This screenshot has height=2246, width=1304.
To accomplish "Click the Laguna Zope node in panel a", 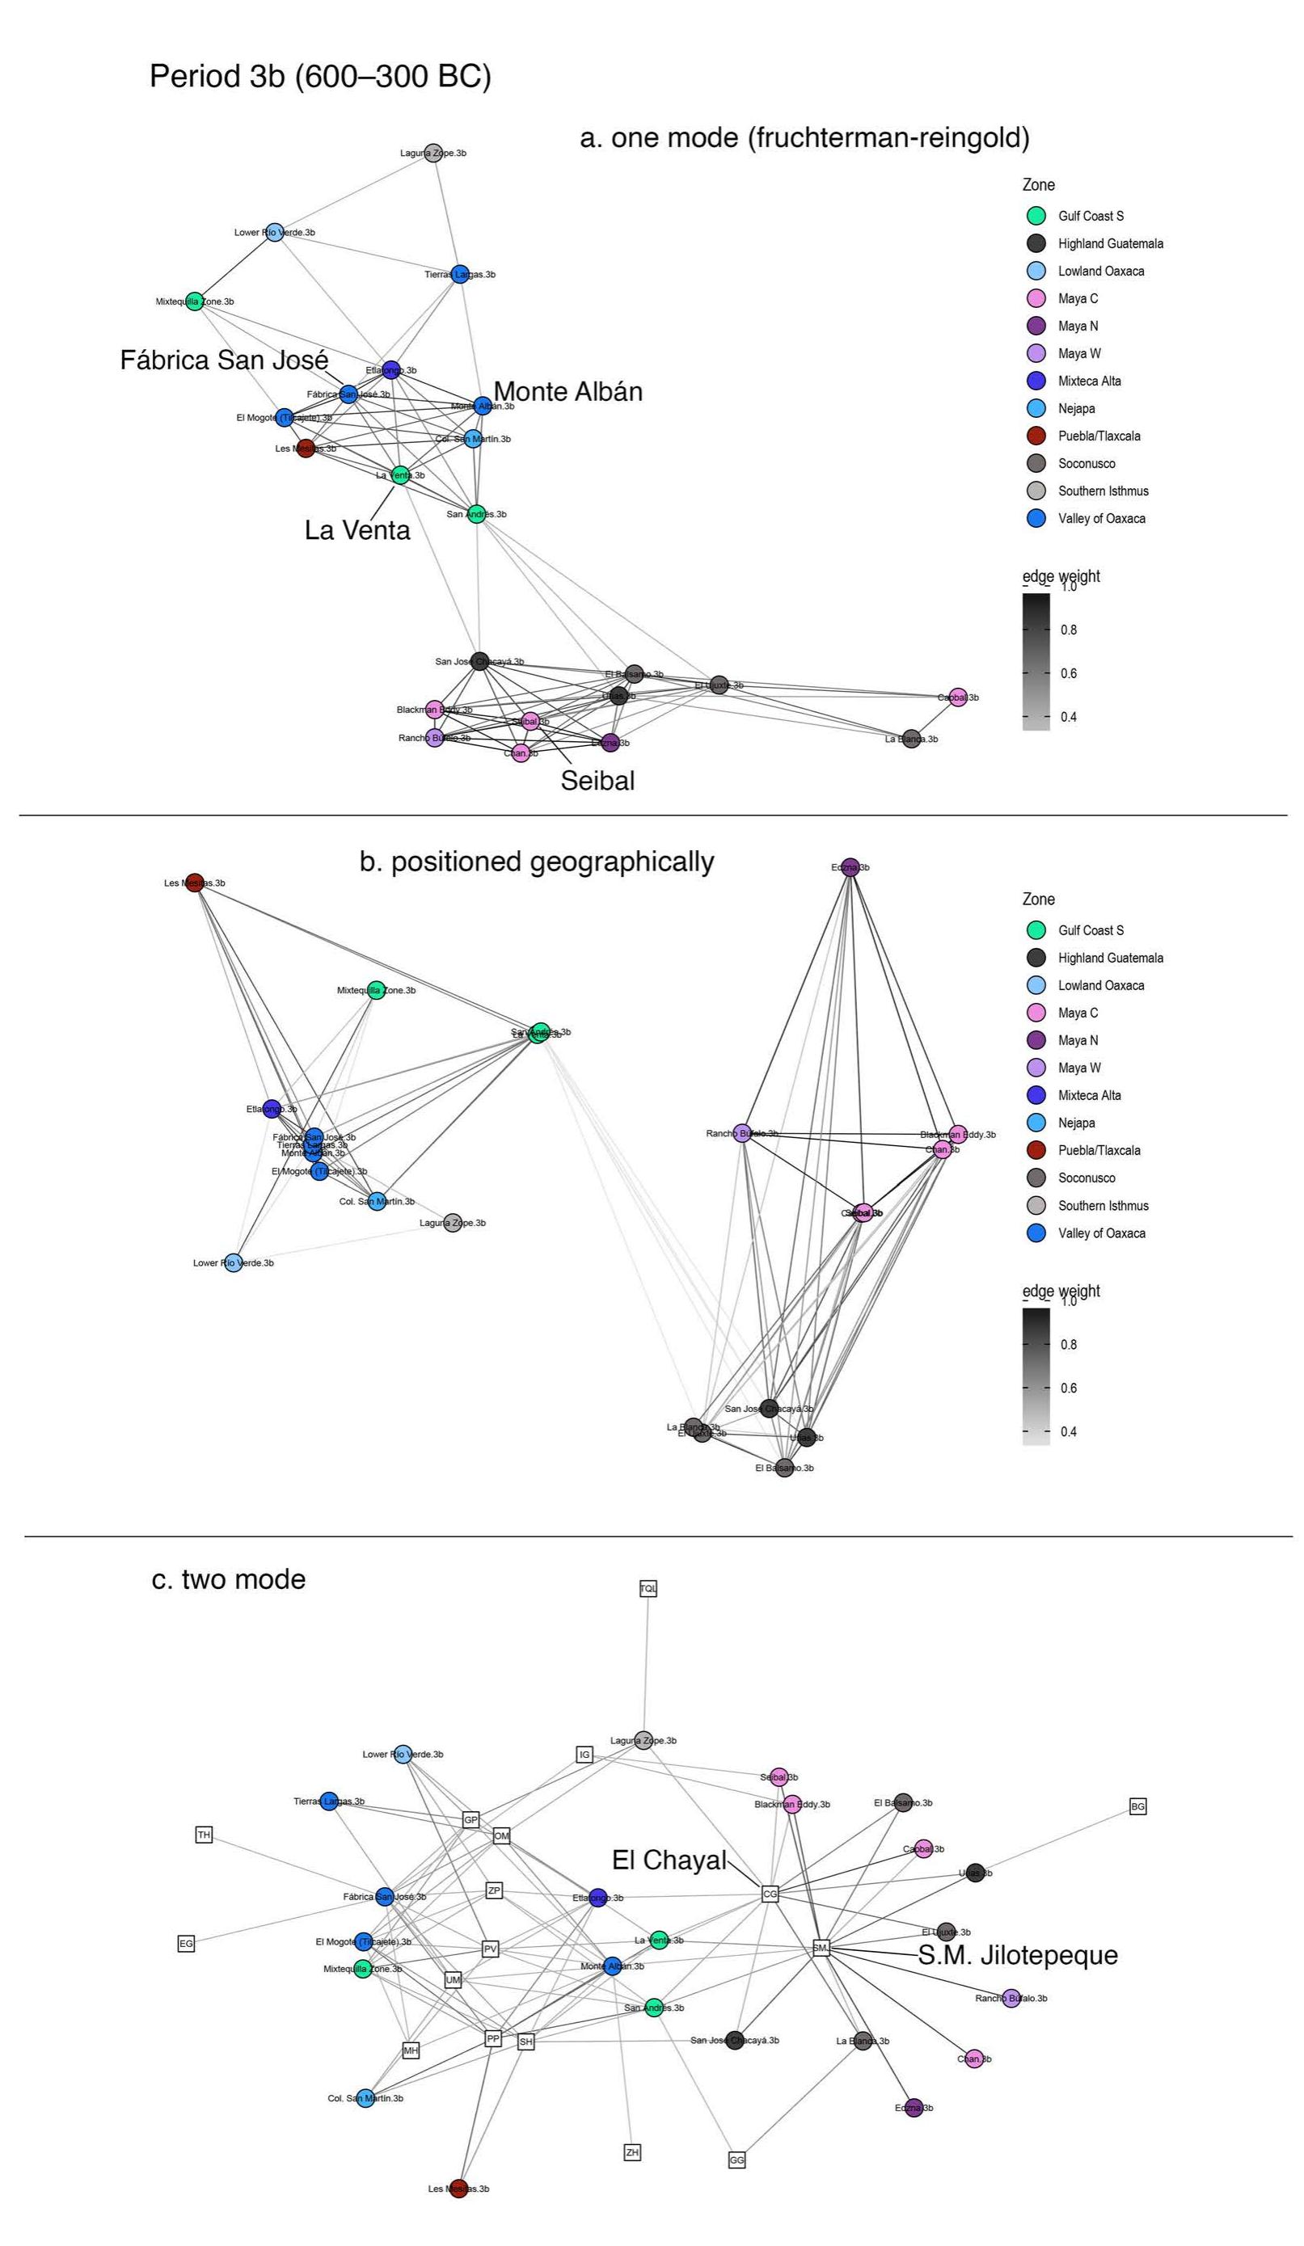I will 433,153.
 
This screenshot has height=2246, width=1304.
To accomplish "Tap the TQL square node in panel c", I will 648,1588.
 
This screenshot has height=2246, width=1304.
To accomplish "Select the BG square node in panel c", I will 1137,1806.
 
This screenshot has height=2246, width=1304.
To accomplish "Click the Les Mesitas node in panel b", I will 195,883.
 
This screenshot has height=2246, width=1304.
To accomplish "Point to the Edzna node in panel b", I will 850,867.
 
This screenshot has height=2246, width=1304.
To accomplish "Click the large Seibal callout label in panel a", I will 597,781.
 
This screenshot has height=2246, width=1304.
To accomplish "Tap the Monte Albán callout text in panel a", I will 568,391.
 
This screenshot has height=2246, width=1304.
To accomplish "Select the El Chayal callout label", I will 669,1860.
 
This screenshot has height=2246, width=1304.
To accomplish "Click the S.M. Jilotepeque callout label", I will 1018,1955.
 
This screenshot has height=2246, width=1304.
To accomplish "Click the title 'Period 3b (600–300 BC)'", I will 320,77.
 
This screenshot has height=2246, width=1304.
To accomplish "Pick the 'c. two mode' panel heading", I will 229,1579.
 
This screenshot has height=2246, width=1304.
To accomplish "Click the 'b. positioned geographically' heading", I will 537,862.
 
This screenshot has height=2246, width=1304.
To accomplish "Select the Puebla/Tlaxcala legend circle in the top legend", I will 1036,436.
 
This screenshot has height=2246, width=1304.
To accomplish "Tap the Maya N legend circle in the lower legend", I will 1036,1040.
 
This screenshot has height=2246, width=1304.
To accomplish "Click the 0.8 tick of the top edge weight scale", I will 1068,630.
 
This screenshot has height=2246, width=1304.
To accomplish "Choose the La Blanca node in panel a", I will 911,739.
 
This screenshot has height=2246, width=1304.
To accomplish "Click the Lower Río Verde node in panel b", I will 233,1262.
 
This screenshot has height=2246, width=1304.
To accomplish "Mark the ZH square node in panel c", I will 632,2151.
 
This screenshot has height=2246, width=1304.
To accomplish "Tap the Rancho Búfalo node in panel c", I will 1011,1997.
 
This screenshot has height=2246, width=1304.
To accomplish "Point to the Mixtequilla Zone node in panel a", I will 194,301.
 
